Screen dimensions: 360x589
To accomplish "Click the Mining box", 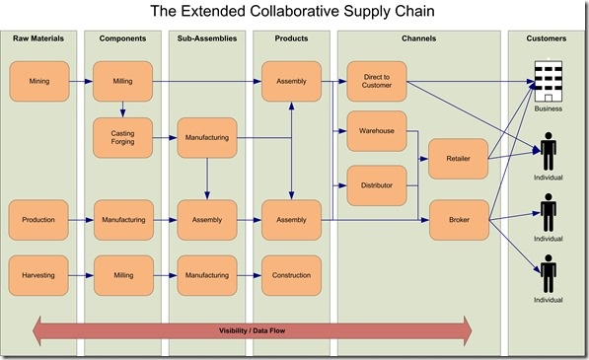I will (39, 81).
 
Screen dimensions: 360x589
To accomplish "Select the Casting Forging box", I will (122, 137).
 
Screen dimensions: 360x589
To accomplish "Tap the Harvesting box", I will (39, 275).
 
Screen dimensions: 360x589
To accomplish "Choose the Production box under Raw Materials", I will (39, 219).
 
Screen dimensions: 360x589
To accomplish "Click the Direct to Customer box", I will (376, 81).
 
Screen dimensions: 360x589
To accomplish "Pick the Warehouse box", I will (376, 130).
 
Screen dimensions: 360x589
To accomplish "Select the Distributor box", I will (376, 184).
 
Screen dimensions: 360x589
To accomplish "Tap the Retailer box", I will (459, 158).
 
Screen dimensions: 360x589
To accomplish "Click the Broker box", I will (459, 219).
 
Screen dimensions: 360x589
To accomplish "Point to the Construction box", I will (291, 275).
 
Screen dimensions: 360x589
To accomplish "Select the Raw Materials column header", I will (39, 38).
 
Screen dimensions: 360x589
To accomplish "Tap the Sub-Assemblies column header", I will (206, 38).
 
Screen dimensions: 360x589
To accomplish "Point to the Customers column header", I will (547, 38).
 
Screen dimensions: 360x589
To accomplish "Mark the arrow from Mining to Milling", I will (81, 81).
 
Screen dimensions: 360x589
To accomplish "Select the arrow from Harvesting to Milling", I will (81, 275).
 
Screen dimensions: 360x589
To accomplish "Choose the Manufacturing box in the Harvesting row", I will (206, 275).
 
